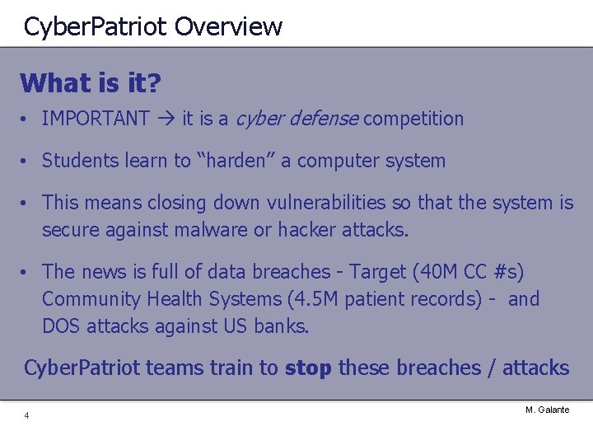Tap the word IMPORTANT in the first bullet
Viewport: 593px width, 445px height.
[x=96, y=119]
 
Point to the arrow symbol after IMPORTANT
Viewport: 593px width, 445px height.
[x=166, y=119]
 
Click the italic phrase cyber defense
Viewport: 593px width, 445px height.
[x=296, y=119]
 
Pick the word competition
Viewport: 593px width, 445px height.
[x=413, y=119]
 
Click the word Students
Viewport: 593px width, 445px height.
[x=77, y=161]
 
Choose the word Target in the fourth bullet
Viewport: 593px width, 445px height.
[x=376, y=272]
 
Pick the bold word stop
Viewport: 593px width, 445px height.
[x=308, y=368]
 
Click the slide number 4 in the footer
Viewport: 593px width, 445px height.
[x=26, y=415]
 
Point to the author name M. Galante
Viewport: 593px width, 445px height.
[x=547, y=410]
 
